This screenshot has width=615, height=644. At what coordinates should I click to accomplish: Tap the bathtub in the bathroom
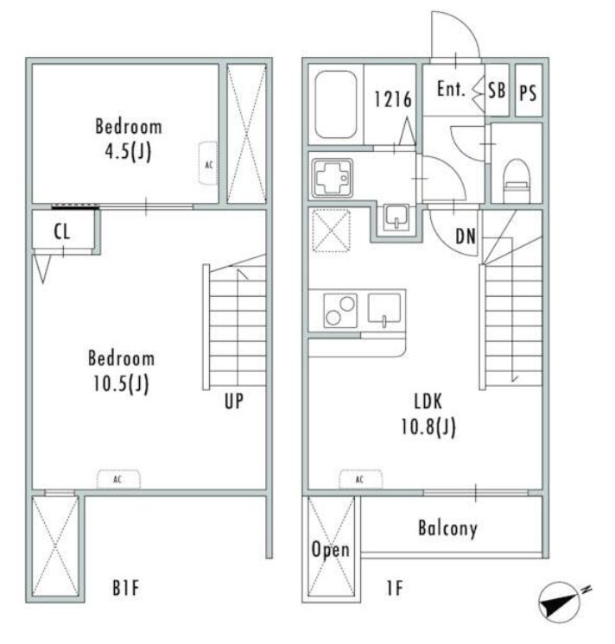tap(335, 104)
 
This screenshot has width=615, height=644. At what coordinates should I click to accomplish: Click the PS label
tap(528, 93)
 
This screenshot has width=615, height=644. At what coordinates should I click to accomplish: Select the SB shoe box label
tap(497, 90)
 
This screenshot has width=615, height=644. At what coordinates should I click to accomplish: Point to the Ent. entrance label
tap(451, 89)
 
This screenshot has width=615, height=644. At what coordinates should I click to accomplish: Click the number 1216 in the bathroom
tap(393, 99)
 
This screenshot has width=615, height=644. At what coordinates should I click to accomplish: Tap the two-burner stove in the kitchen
tap(340, 311)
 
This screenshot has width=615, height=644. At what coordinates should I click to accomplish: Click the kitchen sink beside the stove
tap(384, 309)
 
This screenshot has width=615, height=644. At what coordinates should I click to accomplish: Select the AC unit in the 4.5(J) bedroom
tap(209, 163)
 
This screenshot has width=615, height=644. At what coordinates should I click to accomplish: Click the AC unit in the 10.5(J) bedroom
tap(118, 479)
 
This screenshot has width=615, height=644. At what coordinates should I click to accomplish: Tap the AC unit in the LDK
tap(361, 479)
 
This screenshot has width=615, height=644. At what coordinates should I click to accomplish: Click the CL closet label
tap(62, 231)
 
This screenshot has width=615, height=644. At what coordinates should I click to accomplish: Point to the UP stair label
tap(234, 401)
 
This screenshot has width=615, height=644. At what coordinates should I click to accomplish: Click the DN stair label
tap(466, 237)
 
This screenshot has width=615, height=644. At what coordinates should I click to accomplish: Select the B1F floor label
tap(126, 588)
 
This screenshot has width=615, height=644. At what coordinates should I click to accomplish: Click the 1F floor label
tap(395, 588)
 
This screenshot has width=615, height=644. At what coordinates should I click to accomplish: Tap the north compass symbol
tap(561, 602)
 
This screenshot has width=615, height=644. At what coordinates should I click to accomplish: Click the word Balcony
tap(447, 528)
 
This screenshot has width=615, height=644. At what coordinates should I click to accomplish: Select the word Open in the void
tap(331, 550)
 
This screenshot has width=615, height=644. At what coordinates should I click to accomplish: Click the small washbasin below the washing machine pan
tap(396, 217)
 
